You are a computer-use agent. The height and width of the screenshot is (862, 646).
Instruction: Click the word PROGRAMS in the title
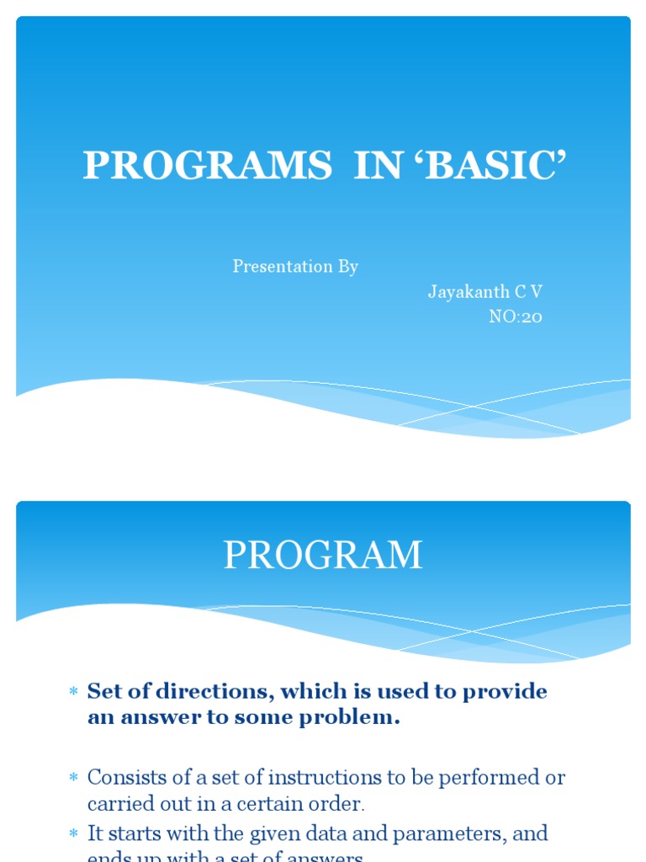(x=207, y=166)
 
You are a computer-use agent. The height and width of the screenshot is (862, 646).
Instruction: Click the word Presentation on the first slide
(x=273, y=267)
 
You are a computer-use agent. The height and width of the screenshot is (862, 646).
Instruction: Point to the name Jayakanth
(x=468, y=292)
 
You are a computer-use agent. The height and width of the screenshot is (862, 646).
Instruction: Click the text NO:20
(x=516, y=317)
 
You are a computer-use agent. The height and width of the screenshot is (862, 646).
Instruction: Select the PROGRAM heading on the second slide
(x=323, y=556)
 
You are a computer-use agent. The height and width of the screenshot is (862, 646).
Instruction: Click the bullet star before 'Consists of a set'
(x=72, y=777)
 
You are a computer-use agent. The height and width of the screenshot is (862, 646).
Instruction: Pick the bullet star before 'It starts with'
(x=72, y=834)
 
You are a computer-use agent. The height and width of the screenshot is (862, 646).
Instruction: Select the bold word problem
(x=353, y=719)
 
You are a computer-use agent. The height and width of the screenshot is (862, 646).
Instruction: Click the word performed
(x=490, y=777)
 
